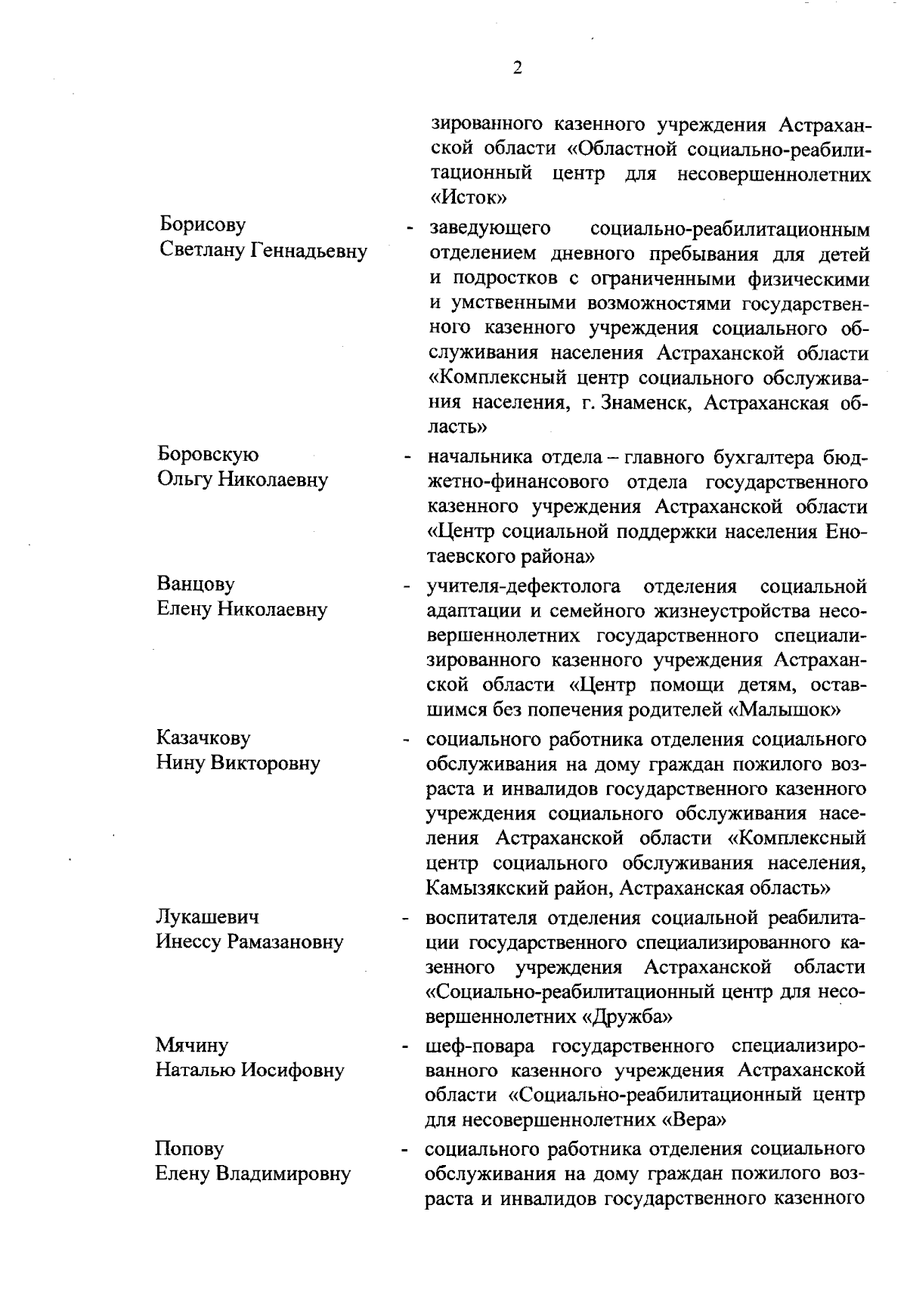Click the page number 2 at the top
click(516, 69)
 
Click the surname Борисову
click(203, 225)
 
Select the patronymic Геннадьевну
click(308, 251)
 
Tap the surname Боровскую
click(208, 454)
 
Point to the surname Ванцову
click(196, 584)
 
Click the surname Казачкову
click(203, 737)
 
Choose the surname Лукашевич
click(207, 916)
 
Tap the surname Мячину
click(191, 1046)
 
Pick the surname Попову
click(189, 1148)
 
